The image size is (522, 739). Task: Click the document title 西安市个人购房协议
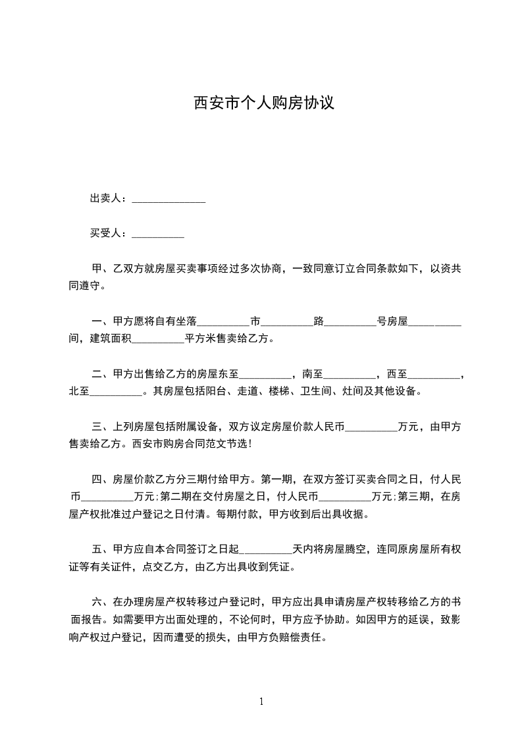pyautogui.click(x=264, y=103)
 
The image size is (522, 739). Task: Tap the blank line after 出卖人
pyautogui.click(x=169, y=200)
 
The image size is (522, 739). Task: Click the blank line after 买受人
pyautogui.click(x=158, y=235)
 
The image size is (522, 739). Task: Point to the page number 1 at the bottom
pyautogui.click(x=261, y=701)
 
